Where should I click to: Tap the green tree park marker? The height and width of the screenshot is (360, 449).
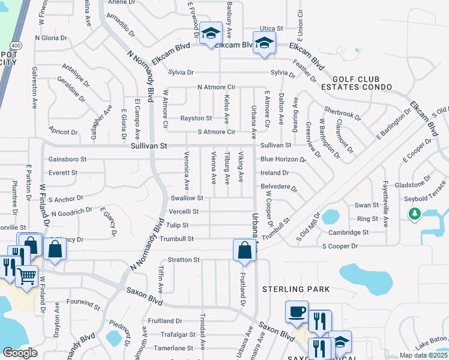point(414,214)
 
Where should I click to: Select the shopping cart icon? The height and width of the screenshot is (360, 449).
point(26,277)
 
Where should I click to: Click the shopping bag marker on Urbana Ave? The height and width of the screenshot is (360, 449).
point(244,250)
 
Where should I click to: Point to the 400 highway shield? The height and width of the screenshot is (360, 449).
point(14,45)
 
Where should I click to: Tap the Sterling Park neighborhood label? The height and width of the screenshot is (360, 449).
point(296,289)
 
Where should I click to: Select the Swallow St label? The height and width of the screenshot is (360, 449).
point(187,197)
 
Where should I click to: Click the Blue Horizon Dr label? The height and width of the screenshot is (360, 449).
point(283,160)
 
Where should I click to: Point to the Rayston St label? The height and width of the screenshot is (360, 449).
point(197,118)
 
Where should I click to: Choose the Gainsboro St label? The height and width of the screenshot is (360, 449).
point(67,160)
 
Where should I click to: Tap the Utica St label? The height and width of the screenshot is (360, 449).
point(271,29)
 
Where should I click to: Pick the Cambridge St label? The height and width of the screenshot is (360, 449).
point(348,232)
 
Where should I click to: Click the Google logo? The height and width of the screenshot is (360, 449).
point(20,353)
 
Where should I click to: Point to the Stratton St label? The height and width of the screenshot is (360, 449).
point(184,260)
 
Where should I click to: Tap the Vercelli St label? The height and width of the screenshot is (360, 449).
point(184,211)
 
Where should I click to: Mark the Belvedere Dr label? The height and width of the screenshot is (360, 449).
point(279,187)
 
